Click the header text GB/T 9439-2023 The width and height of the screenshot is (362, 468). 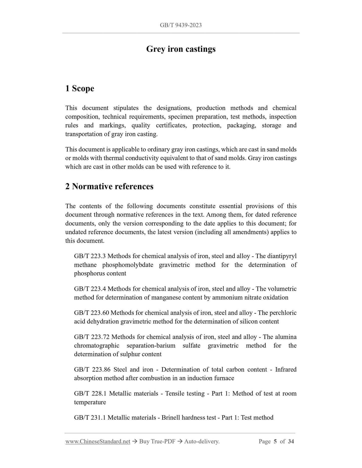pos(181,25)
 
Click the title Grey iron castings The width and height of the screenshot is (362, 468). pos(181,49)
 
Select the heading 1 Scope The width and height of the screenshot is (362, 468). pos(80,88)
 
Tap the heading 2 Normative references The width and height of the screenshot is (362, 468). pos(109,186)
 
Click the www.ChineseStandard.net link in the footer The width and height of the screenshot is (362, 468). pos(98,441)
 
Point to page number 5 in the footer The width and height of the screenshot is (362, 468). pos(275,441)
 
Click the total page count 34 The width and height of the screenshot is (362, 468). pos(291,441)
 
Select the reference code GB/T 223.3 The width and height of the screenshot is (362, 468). pos(90,256)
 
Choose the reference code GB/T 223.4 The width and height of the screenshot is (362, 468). pos(90,289)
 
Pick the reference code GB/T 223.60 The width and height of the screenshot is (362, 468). pos(91,313)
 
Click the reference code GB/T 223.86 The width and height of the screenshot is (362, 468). pos(91,370)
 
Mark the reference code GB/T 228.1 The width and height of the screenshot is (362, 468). pos(90,393)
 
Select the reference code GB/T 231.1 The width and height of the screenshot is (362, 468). pos(90,417)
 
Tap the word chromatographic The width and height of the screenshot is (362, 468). pos(97,346)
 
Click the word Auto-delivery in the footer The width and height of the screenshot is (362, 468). pos(201,441)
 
